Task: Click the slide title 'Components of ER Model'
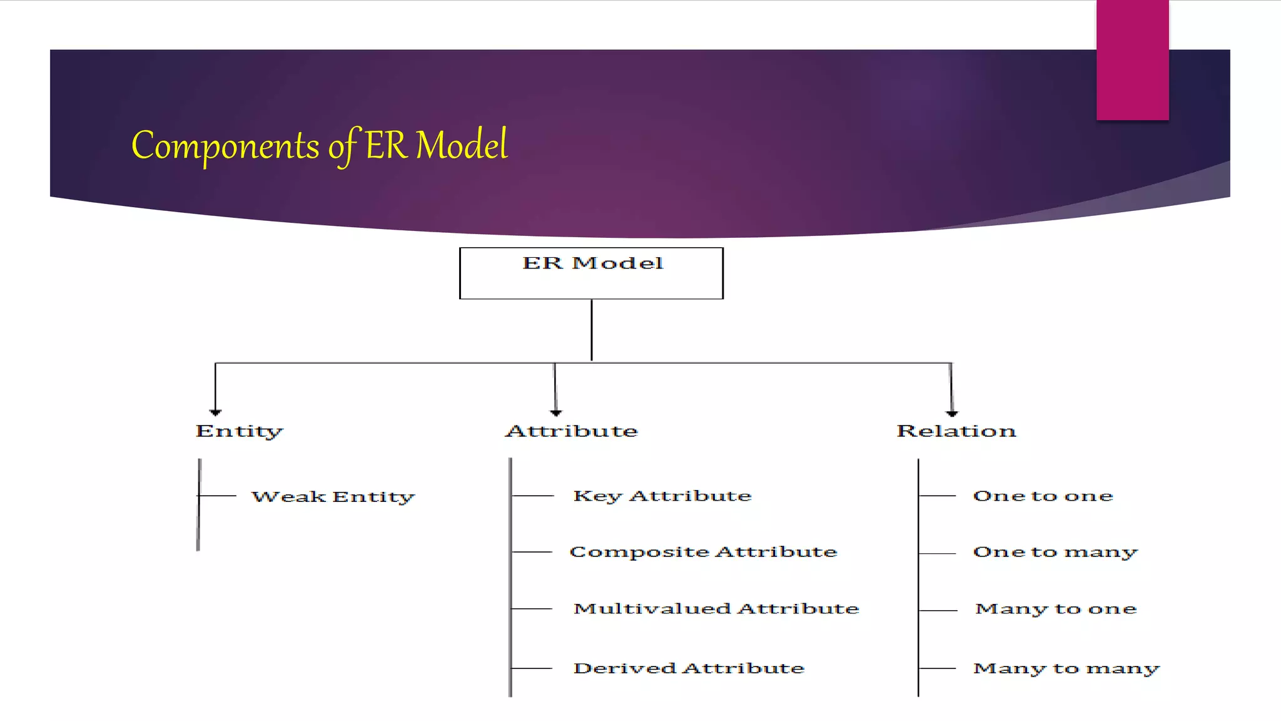point(319,145)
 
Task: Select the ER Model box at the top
point(591,274)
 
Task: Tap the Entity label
point(239,431)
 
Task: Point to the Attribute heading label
point(572,431)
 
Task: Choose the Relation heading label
point(956,431)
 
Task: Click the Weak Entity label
point(333,497)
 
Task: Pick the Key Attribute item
point(662,496)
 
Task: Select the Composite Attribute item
point(703,552)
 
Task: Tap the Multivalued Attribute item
point(716,609)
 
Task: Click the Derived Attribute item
point(689,668)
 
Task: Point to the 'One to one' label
point(1043,496)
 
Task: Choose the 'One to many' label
point(1055,552)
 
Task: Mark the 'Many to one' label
point(1056,609)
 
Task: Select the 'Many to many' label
point(1066,668)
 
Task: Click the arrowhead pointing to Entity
point(216,412)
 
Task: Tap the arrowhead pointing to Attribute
point(556,412)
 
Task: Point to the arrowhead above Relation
point(952,412)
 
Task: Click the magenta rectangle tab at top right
point(1132,59)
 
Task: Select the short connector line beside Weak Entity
point(218,496)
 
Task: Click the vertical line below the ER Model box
point(591,330)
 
